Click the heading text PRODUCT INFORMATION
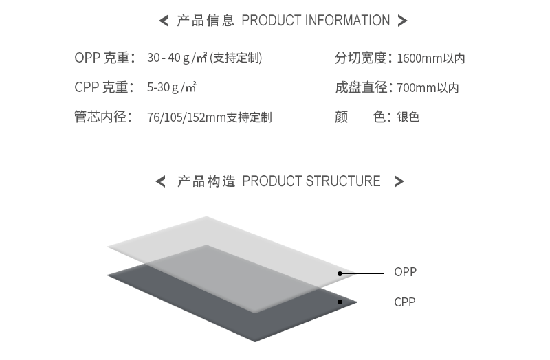[316, 21]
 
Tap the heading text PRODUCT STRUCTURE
[311, 181]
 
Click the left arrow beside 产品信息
[164, 21]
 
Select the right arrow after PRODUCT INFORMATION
[403, 21]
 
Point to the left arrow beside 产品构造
[161, 182]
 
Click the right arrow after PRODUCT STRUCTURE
[399, 182]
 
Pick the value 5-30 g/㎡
[172, 88]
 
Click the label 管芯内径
[103, 117]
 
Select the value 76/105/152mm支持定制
[210, 117]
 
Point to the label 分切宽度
[364, 58]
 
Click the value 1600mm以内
[431, 58]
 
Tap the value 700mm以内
[428, 88]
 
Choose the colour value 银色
[408, 117]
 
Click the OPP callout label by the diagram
[406, 272]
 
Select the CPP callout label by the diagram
[405, 302]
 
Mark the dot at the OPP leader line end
[340, 273]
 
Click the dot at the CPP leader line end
[340, 302]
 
